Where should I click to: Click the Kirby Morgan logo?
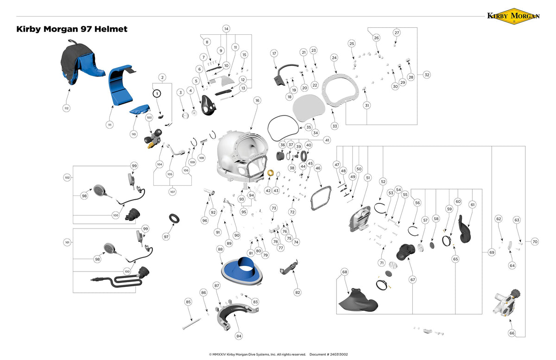(513, 15)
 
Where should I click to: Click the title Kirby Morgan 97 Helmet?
(72, 29)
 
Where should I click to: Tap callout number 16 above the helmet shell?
(257, 100)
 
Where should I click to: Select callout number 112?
(66, 108)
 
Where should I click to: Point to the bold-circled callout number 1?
(157, 93)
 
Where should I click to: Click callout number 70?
(535, 241)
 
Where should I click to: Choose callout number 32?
(427, 75)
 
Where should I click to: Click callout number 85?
(188, 302)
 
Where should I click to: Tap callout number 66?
(512, 333)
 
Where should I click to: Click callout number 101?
(67, 242)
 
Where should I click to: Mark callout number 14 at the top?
(226, 29)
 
